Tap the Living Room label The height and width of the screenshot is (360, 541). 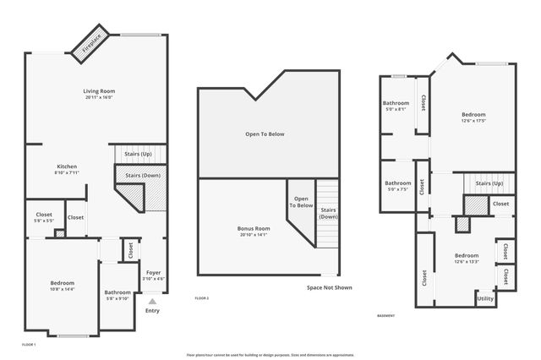(x=99, y=91)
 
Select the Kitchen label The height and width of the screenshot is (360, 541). (x=67, y=166)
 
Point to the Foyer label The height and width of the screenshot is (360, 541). (x=153, y=272)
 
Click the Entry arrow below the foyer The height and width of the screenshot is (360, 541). (x=152, y=300)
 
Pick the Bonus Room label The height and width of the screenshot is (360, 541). (x=253, y=228)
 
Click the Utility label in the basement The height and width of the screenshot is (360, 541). (x=485, y=298)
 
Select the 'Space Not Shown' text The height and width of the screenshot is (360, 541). (x=329, y=287)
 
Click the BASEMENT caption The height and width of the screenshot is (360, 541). (x=386, y=315)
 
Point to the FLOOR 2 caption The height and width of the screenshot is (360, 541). (x=201, y=298)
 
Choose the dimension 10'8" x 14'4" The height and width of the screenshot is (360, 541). (x=62, y=289)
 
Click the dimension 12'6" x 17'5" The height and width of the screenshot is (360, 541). (x=473, y=120)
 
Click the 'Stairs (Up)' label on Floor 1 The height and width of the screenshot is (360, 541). (x=138, y=155)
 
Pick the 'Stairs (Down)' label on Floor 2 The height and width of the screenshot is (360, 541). (x=328, y=213)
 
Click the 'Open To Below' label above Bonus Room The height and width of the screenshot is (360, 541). (x=265, y=134)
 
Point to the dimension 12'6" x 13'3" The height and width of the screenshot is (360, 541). (x=467, y=262)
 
